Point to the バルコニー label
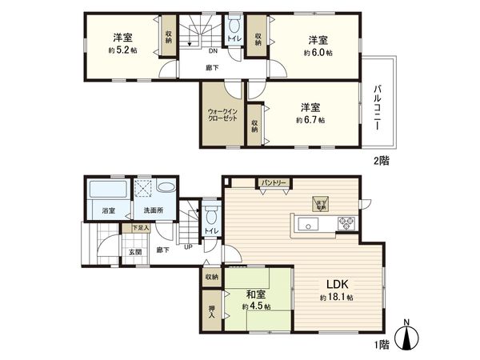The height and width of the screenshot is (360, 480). coord(375,107)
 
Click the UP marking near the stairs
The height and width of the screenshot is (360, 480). coord(188,246)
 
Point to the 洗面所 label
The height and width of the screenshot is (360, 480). coord(152,210)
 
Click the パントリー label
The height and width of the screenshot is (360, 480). coord(274,183)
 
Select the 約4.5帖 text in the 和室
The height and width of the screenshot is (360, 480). coord(256,306)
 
